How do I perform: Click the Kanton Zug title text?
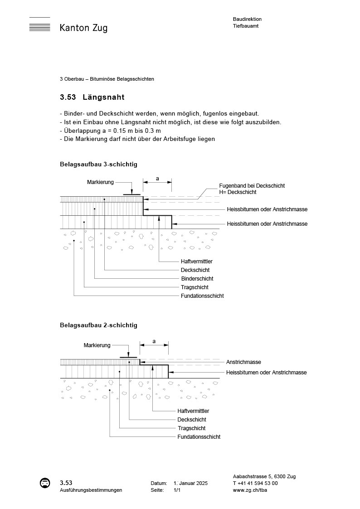83,28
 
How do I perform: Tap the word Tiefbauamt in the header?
246,26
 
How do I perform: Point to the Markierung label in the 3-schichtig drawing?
100,182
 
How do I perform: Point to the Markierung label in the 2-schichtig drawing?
97,345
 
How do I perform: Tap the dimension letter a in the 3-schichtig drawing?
157,179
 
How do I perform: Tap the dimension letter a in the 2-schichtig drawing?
154,341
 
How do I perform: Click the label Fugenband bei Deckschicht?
252,186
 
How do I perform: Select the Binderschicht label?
197,279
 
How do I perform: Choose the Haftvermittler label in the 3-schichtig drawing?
197,262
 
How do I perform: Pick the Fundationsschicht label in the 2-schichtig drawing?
199,437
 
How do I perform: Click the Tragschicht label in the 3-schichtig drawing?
195,287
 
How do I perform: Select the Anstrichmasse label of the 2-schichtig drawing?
243,362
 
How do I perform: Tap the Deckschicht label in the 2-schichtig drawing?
192,420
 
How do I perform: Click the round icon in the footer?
45,483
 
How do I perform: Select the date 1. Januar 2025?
190,484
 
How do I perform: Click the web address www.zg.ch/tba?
250,490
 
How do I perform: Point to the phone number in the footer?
255,483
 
